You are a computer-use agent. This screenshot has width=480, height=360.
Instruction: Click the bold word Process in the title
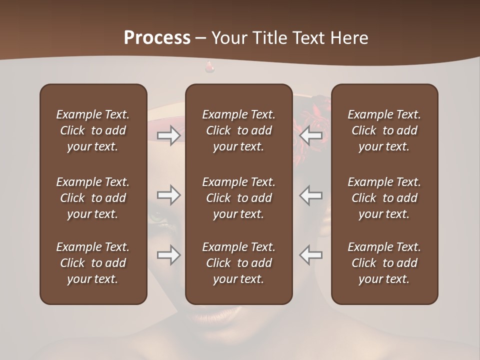[x=157, y=38]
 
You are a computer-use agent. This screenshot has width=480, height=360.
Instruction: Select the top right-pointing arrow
[x=169, y=135]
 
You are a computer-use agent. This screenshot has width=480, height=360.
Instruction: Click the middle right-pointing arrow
[x=169, y=195]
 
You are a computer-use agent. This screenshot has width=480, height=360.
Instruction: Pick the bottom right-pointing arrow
[x=169, y=255]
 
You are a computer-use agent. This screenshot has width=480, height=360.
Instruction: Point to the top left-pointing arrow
[x=310, y=135]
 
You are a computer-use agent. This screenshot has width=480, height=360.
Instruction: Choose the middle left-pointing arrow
[x=310, y=195]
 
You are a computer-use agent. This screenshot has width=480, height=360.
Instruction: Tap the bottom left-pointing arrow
[x=310, y=255]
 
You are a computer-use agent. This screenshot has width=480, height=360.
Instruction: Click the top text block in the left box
[x=93, y=130]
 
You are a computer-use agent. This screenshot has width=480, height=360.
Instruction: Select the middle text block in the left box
[x=93, y=198]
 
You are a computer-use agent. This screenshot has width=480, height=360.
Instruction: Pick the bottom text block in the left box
[x=93, y=263]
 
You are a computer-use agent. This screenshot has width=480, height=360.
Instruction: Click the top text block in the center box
[x=238, y=130]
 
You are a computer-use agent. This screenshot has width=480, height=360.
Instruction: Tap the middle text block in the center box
[x=238, y=198]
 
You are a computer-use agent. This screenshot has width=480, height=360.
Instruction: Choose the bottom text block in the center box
[x=238, y=263]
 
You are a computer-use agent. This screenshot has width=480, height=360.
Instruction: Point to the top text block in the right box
[x=384, y=130]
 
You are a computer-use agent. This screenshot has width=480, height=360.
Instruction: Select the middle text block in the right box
[x=384, y=198]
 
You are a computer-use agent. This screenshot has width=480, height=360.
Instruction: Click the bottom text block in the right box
[x=384, y=263]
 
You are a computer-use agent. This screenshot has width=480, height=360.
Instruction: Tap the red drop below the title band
[x=209, y=67]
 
